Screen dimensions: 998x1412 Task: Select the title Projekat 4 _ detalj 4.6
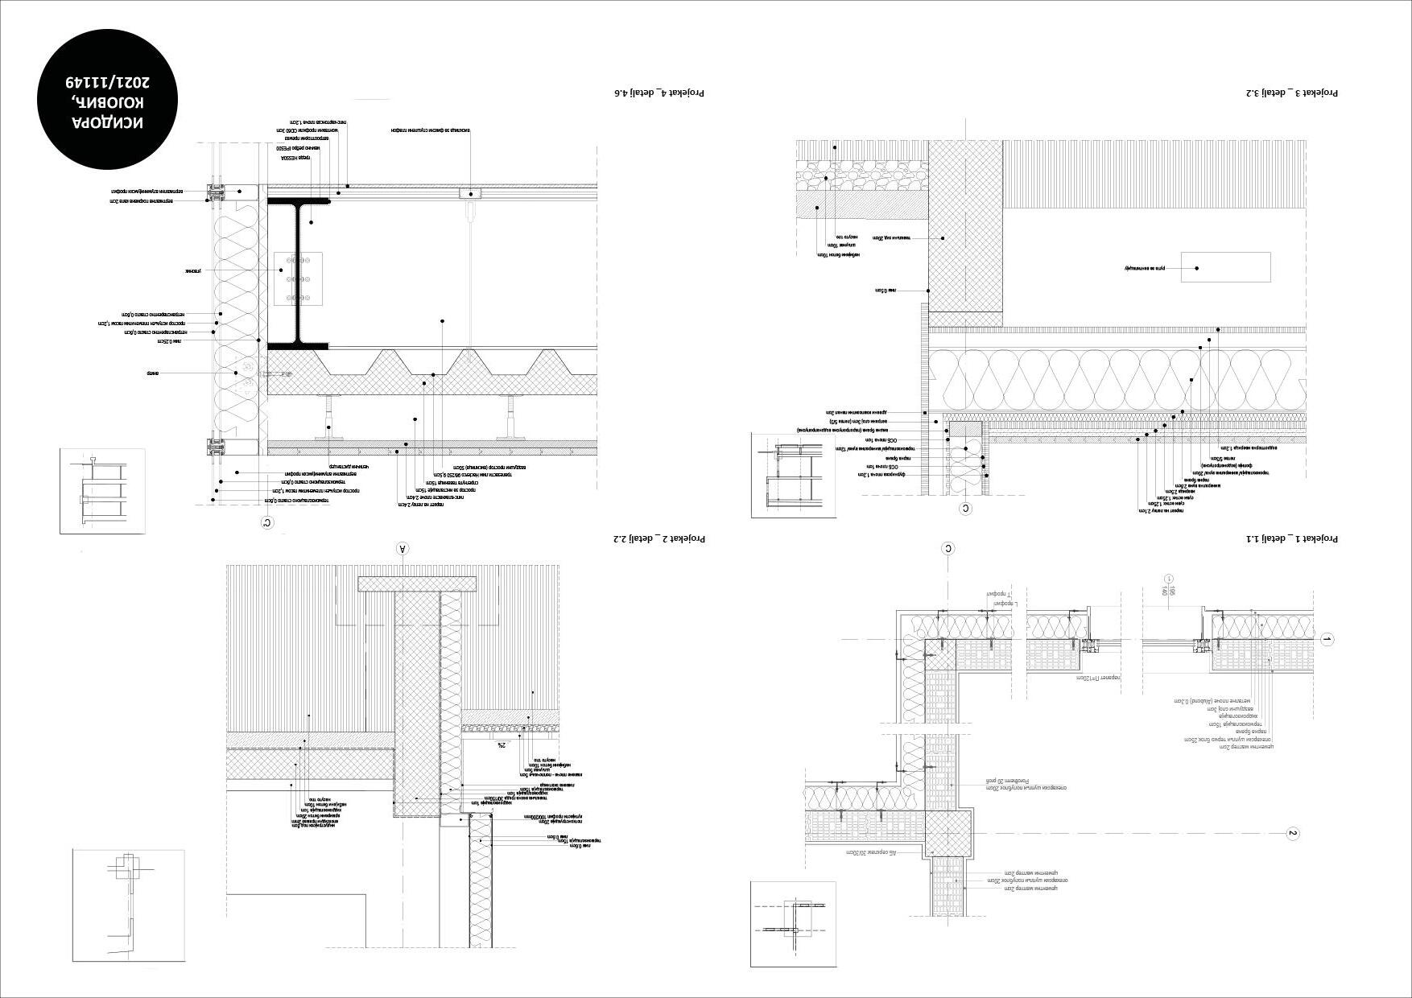659,93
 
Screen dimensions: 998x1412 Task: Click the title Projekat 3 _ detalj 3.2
1293,93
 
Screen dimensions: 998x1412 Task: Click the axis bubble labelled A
403,549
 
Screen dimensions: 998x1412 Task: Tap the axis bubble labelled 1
1327,640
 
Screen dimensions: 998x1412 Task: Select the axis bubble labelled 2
1293,834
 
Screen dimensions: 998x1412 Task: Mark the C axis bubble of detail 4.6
268,523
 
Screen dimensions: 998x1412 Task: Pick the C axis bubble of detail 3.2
966,509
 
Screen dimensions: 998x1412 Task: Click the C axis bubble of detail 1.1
948,549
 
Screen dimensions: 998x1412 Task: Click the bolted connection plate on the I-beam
298,278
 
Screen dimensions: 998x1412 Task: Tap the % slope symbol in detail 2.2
501,745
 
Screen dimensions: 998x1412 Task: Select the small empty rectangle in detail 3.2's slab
1225,267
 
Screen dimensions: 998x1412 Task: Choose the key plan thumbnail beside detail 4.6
102,491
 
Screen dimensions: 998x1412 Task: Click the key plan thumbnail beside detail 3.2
793,475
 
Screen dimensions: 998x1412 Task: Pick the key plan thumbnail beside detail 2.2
128,905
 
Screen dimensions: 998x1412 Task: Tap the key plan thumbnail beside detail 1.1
793,924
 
